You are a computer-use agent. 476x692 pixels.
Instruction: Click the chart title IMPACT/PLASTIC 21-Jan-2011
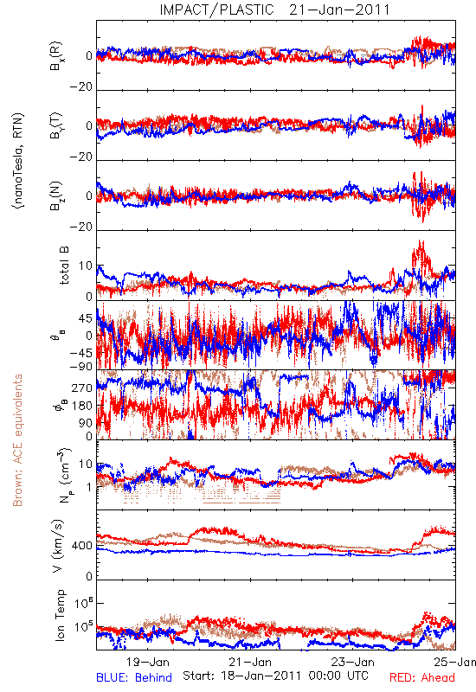pos(274,10)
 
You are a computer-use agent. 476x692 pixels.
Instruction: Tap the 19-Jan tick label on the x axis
pos(147,662)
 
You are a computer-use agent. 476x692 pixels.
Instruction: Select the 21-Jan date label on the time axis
pos(250,662)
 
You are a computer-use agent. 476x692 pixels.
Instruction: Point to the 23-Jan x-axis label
pos(353,662)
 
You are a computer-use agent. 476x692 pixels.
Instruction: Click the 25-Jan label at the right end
pos(455,662)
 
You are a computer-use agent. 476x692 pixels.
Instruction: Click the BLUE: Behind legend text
pos(134,677)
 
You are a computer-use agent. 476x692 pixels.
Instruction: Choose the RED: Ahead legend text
pos(422,677)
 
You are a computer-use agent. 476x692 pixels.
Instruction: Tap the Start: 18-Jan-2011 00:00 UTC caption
pos(275,676)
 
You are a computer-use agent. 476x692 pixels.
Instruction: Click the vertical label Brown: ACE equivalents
pos(17,440)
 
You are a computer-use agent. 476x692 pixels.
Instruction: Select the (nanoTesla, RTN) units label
pos(18,161)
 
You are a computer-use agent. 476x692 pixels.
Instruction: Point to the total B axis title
pos(64,266)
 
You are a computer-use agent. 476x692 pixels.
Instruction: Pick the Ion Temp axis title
pos(60,615)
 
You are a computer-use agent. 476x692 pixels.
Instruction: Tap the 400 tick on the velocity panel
pos(82,546)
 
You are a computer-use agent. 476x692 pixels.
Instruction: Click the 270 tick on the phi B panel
pos(82,388)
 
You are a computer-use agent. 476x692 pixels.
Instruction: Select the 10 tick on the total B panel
pos(86,266)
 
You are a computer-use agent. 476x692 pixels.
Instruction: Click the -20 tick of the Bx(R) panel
pos(81,87)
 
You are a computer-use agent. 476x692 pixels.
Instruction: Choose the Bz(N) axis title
pos(56,195)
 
